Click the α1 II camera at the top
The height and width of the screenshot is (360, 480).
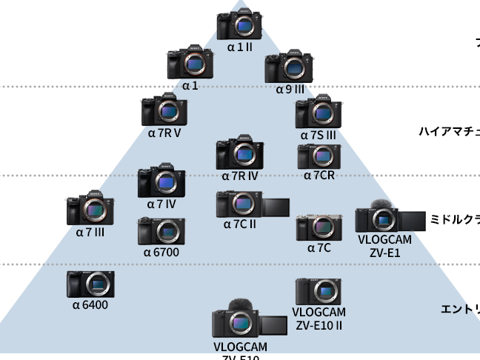(239, 24)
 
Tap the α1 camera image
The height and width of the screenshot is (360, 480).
(190, 63)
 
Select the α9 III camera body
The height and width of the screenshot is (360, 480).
(290, 67)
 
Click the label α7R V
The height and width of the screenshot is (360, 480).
(164, 133)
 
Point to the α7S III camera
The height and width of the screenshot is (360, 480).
(319, 113)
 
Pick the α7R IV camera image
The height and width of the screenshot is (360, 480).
(239, 153)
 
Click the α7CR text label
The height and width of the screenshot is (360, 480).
(319, 176)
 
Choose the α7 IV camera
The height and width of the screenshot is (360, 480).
(161, 182)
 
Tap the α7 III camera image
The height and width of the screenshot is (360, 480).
(90, 211)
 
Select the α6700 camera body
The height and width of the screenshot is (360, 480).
(161, 231)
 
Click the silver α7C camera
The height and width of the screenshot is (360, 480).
(319, 227)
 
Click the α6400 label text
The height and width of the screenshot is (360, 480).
(90, 304)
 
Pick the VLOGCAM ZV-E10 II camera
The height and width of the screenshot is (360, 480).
(318, 292)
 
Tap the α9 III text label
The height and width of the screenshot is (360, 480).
(290, 90)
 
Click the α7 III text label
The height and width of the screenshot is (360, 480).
(90, 232)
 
